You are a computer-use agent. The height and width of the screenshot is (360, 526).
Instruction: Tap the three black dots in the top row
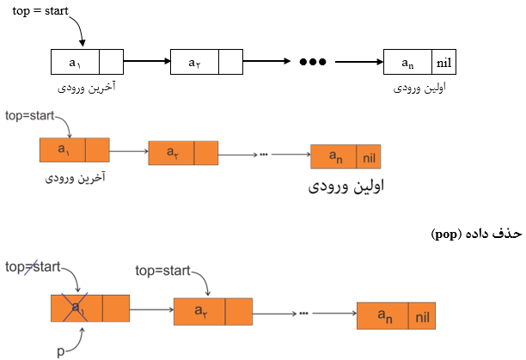312,62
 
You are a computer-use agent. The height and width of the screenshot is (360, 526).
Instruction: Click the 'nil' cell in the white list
444,62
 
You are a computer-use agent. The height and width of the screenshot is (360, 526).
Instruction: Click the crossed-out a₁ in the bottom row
77,307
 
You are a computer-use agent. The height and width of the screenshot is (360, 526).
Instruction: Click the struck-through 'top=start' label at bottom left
34,267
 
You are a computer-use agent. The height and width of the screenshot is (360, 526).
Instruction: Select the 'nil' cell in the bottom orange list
422,317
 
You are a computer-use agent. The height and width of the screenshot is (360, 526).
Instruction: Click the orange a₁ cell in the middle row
63,150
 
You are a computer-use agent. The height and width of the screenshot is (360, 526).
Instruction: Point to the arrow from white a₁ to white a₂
146,62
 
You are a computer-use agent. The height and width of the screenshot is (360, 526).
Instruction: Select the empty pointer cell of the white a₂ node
230,62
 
